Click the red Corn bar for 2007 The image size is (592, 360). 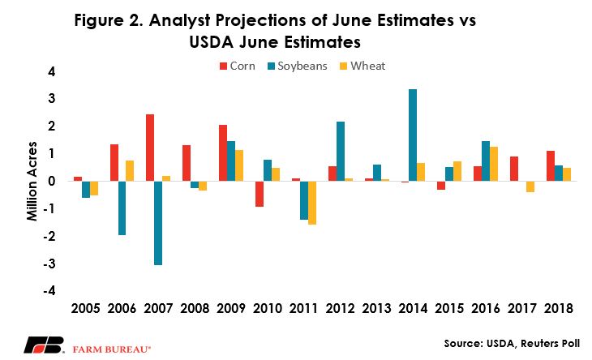pyautogui.click(x=150, y=148)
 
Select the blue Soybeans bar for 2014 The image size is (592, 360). pyautogui.click(x=413, y=135)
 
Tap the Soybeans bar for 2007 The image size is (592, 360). pyautogui.click(x=158, y=223)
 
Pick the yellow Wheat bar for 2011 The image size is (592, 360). pyautogui.click(x=312, y=203)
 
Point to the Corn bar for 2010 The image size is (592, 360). pyautogui.click(x=259, y=194)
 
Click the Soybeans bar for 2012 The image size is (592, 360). pyautogui.click(x=340, y=152)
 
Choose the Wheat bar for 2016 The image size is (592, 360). pyautogui.click(x=494, y=164)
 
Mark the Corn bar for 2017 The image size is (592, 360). pyautogui.click(x=514, y=169)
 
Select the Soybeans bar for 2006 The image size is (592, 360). pyautogui.click(x=122, y=208)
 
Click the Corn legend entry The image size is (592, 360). pyautogui.click(x=238, y=66)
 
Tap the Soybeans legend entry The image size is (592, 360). pyautogui.click(x=297, y=66)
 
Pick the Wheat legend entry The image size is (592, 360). pyautogui.click(x=362, y=66)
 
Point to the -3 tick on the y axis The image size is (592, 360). pyautogui.click(x=49, y=264)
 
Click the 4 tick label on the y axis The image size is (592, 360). pyautogui.click(x=52, y=71)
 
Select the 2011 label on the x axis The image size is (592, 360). pyautogui.click(x=303, y=308)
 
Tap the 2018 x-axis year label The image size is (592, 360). pyautogui.click(x=559, y=308)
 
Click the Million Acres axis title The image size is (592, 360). pyautogui.click(x=32, y=181)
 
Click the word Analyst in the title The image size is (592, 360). pyautogui.click(x=179, y=20)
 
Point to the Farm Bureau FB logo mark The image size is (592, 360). pyautogui.click(x=44, y=345)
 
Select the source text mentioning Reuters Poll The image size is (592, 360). pyautogui.click(x=512, y=344)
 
